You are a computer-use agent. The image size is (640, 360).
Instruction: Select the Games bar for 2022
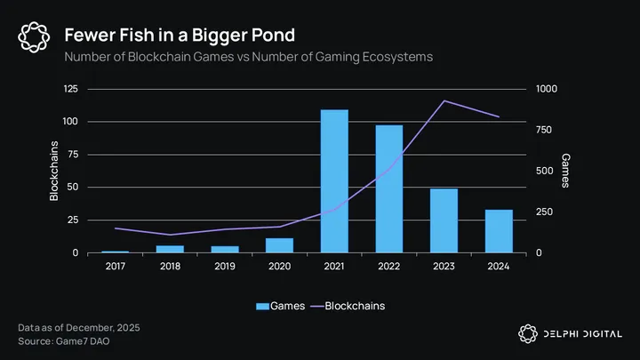tap(388, 188)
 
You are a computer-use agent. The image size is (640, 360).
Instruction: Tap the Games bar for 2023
tap(444, 220)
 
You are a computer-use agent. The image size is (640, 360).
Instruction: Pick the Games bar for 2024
tap(499, 231)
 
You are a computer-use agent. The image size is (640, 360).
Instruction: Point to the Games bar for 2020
tap(279, 245)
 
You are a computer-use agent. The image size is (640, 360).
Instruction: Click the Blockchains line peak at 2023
tap(444, 101)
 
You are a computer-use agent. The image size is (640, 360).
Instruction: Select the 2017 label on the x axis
tap(115, 265)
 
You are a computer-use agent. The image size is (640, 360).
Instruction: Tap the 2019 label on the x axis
tap(224, 265)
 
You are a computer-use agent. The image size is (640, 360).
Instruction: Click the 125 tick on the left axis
tap(70, 89)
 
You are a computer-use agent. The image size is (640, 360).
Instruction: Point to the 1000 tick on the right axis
tap(547, 89)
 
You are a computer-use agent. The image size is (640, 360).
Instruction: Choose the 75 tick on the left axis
tap(73, 155)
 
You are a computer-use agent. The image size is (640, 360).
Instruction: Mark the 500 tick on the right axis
tap(543, 172)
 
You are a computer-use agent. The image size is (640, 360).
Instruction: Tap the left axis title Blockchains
tap(54, 171)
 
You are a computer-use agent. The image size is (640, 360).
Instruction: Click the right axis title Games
tap(565, 171)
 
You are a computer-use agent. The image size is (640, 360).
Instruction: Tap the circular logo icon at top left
tap(33, 36)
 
